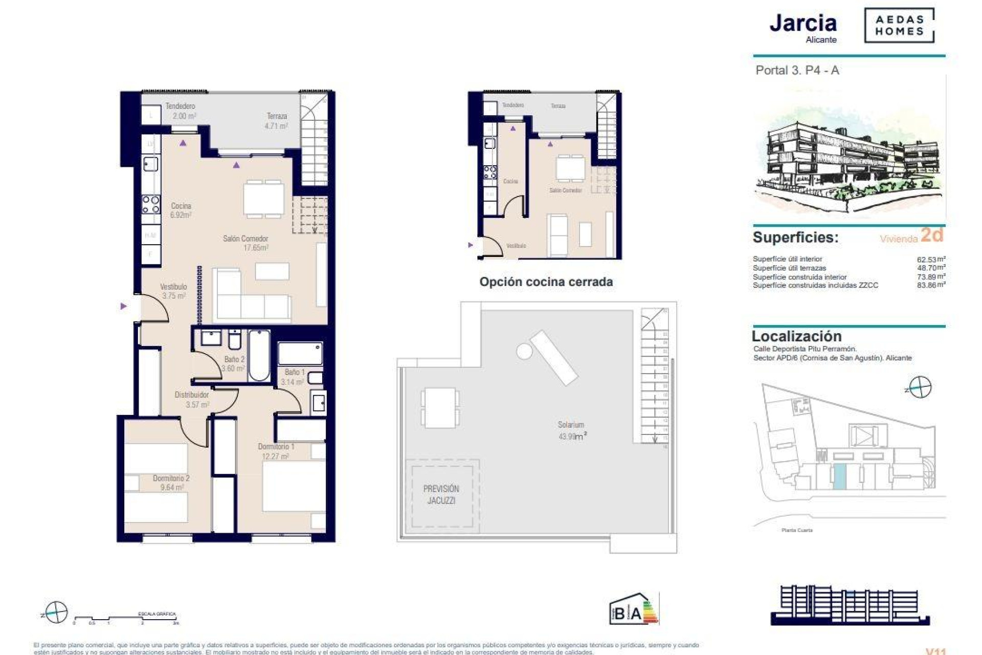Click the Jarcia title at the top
coord(802,24)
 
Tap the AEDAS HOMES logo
coord(899,26)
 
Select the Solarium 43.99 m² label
coord(571,430)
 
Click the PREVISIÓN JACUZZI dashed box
coord(441,494)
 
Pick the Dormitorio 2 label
coord(171,483)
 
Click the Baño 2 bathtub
coord(259,356)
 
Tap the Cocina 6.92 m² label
coord(181,210)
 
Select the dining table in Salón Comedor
coord(264,199)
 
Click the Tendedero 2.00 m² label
coord(180,111)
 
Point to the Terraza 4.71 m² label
coord(276,121)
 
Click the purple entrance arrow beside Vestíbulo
coord(123,306)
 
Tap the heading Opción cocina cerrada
coord(546,282)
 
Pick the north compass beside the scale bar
coord(55,613)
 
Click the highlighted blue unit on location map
coord(839,477)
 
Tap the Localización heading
coord(796,336)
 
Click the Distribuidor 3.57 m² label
coord(192,400)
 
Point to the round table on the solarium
coord(524,351)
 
